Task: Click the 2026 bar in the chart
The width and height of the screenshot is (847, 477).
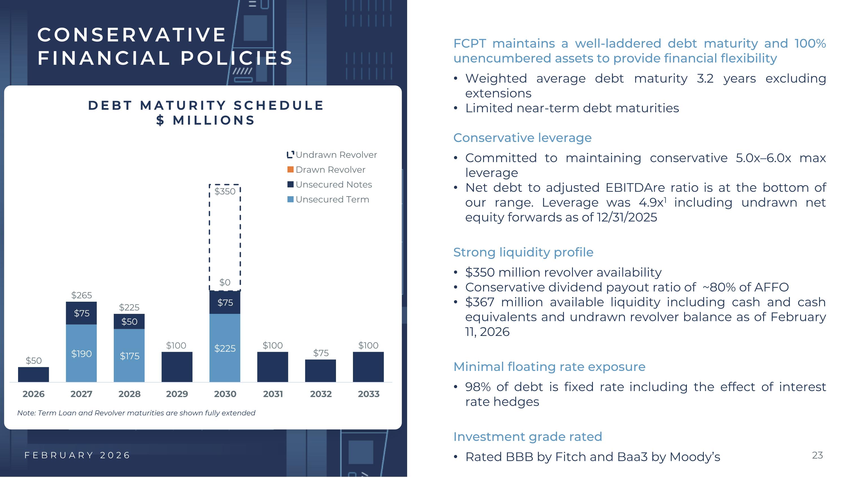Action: click(x=33, y=374)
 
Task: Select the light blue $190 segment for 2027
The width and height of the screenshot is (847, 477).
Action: click(x=81, y=353)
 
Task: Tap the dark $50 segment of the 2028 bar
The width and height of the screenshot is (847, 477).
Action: click(x=129, y=321)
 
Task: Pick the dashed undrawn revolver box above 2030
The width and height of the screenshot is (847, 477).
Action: click(x=225, y=237)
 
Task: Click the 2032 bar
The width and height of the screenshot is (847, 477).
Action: click(x=320, y=371)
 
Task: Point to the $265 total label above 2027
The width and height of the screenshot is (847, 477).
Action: click(x=82, y=295)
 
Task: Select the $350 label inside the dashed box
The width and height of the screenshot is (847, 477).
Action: click(x=225, y=191)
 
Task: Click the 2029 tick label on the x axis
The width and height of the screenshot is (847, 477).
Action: click(x=177, y=394)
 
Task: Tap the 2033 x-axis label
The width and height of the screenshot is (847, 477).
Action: click(x=369, y=394)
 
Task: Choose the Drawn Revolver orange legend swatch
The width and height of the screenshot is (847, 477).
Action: click(x=290, y=170)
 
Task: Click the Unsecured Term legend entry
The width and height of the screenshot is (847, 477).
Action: click(x=332, y=200)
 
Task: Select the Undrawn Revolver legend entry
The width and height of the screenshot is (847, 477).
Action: click(x=336, y=155)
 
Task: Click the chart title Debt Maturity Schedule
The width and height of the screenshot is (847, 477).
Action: click(x=206, y=106)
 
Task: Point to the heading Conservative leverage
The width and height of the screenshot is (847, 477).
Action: click(x=522, y=138)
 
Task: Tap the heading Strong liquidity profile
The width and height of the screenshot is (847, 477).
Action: click(x=523, y=252)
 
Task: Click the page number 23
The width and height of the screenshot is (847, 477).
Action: click(x=817, y=455)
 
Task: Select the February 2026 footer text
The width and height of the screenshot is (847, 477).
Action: click(x=78, y=455)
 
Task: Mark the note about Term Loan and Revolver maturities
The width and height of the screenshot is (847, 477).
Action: click(x=136, y=413)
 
